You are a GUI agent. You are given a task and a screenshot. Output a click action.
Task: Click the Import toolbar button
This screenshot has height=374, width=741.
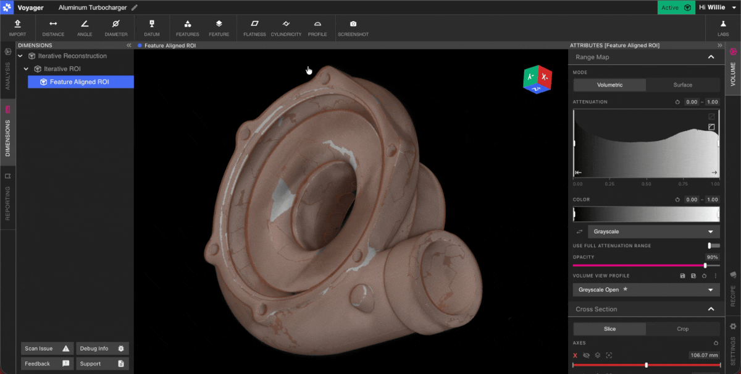[x=17, y=28]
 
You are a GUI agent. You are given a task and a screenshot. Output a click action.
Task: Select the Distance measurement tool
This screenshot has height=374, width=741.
[x=53, y=28]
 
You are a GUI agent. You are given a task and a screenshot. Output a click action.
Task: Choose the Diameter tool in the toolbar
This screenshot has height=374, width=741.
[x=116, y=28]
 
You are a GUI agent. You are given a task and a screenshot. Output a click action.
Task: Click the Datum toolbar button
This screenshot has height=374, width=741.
[x=152, y=28]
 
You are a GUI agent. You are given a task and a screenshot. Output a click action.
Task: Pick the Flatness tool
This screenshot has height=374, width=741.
[x=254, y=28]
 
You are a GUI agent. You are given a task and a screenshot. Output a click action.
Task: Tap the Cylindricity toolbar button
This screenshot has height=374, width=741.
[x=286, y=28]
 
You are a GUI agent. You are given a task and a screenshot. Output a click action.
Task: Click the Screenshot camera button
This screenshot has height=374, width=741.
[x=353, y=28]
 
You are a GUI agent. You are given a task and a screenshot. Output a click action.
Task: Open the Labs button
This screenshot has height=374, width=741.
[x=723, y=28]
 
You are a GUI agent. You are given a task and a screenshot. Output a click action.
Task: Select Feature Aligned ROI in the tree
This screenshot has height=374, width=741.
[x=81, y=82]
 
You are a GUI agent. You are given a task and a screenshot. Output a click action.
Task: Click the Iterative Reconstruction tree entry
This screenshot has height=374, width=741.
[x=72, y=56]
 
